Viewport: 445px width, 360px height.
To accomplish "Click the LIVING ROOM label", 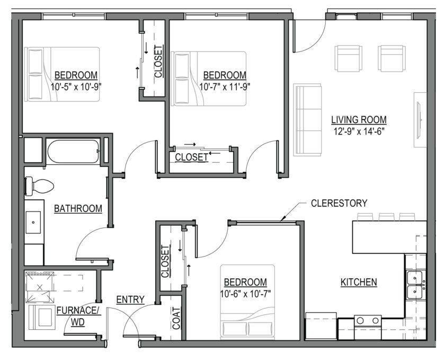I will [359, 119].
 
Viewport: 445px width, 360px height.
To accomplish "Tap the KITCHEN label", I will [359, 282].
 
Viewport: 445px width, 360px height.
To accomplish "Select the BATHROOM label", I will [78, 209].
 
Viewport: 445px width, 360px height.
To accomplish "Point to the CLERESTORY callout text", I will [339, 203].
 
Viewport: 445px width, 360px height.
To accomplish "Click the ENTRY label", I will [130, 300].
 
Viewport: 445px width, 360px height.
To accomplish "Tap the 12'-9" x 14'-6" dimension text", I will [359, 130].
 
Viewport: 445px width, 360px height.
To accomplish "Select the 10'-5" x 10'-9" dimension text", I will [75, 86].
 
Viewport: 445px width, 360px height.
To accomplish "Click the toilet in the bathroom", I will [39, 186].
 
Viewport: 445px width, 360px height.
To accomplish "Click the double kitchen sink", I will [414, 285].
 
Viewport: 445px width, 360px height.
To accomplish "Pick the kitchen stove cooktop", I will [368, 320].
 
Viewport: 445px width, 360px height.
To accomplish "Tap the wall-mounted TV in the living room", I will [420, 119].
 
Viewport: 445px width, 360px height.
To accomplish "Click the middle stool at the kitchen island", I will [387, 217].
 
